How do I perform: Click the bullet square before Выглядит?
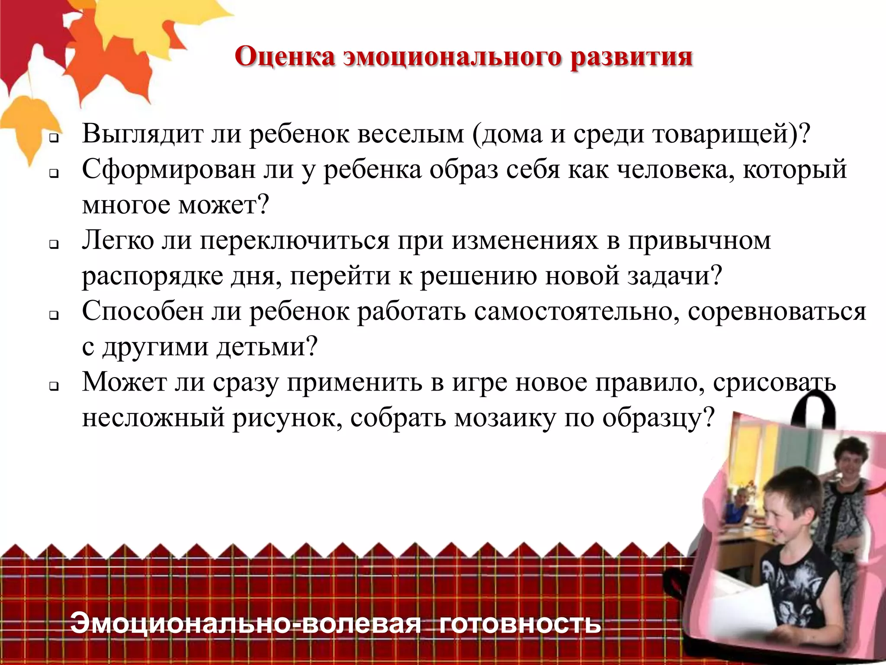[x=54, y=139]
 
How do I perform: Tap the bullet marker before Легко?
[x=54, y=245]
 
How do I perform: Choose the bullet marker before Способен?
[x=54, y=316]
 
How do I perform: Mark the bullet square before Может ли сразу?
[x=54, y=387]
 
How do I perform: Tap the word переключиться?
[x=294, y=241]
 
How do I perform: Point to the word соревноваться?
[x=777, y=311]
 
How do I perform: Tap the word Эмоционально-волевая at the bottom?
[x=245, y=623]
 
